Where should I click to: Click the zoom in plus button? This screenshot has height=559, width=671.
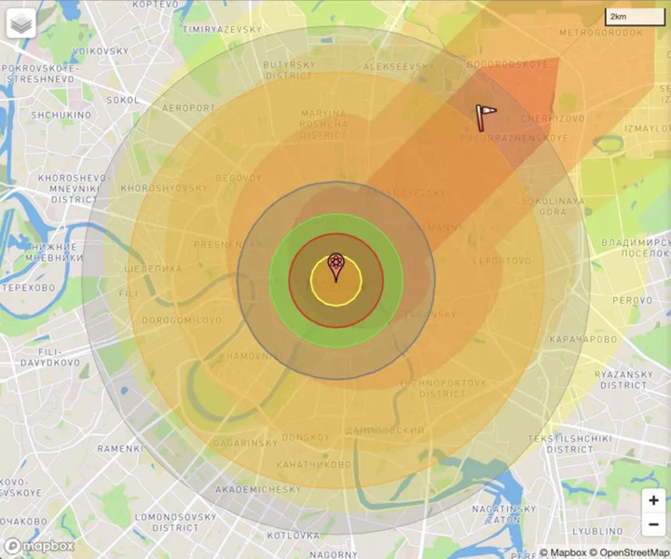[653, 501]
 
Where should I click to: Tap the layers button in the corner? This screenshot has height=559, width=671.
[21, 23]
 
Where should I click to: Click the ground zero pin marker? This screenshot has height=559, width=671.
[335, 266]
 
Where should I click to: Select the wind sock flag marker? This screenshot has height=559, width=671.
[484, 115]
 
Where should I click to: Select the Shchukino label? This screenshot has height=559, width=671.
[61, 115]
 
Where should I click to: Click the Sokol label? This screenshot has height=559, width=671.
[123, 99]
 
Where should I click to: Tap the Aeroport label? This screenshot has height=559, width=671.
[188, 108]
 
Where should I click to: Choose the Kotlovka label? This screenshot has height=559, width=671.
[294, 536]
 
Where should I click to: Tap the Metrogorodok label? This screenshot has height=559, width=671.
[601, 33]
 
